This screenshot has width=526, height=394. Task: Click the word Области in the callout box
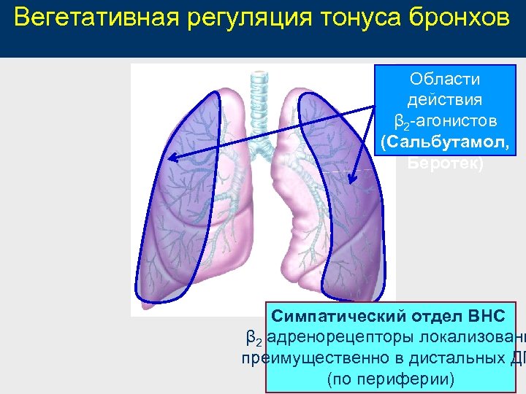(x=445, y=79)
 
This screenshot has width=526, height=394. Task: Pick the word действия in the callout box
(x=445, y=99)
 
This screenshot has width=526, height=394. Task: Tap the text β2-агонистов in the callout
(x=445, y=120)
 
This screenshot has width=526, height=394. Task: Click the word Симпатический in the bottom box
(x=332, y=317)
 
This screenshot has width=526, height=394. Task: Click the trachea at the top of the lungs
(x=257, y=102)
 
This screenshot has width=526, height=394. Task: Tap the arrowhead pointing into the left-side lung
(x=169, y=157)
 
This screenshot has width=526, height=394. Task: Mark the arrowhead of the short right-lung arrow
(x=353, y=178)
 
